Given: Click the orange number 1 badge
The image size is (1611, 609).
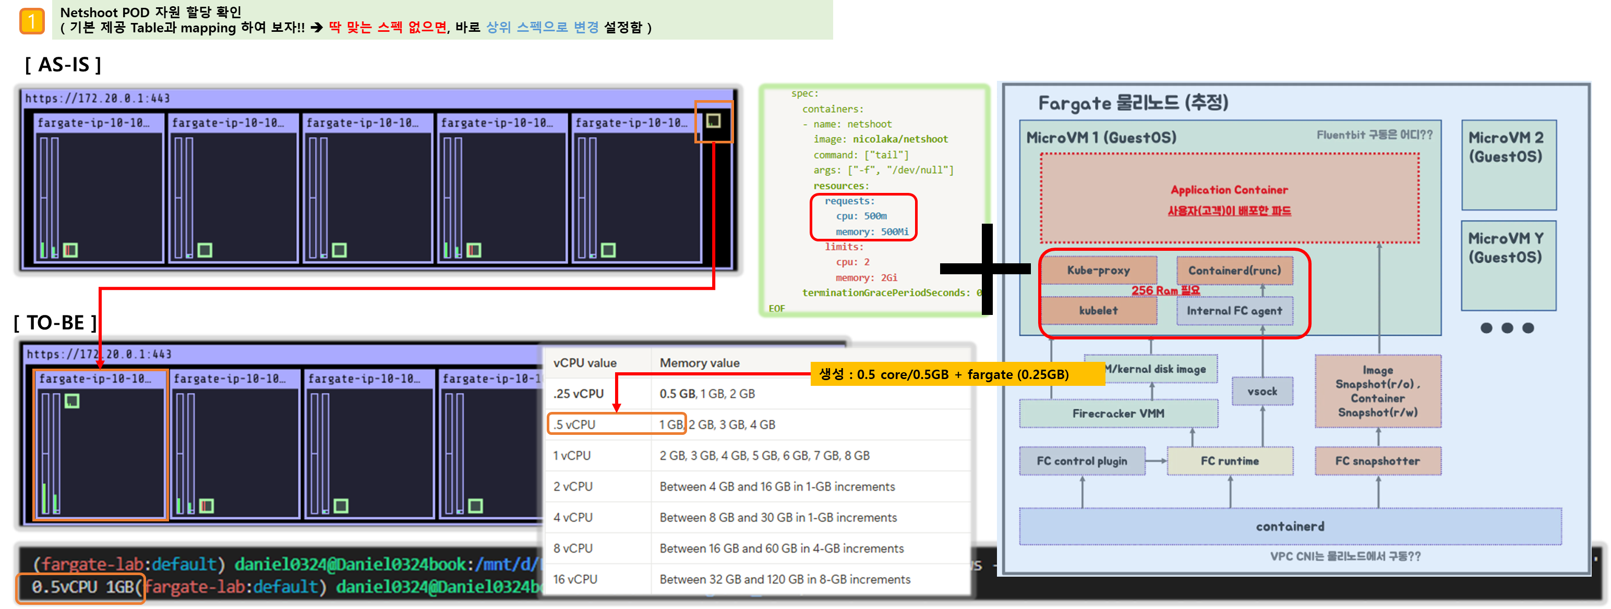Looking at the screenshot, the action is coord(32,21).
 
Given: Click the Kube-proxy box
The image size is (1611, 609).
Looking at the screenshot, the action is coord(1098,270).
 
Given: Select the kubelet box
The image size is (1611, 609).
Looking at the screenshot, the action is coord(1098,311).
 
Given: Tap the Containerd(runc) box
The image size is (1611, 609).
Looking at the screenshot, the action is coord(1234,270).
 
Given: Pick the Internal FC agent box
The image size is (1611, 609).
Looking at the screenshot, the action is coord(1234,311).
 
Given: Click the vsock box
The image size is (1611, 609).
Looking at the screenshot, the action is coord(1262,392).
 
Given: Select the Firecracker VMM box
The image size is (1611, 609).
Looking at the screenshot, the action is coord(1118,413).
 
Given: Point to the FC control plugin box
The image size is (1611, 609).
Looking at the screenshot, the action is coord(1082,461).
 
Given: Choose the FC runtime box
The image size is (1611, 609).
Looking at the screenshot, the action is coord(1230,461).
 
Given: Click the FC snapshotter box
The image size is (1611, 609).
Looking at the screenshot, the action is coord(1378,461).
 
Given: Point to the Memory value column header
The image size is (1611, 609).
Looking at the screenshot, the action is coord(699,363).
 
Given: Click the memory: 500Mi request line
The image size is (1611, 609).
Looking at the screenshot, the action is coord(872,232).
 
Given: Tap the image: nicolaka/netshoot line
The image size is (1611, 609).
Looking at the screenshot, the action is coord(881,139).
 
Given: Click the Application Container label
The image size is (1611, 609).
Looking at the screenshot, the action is coord(1229,189).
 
